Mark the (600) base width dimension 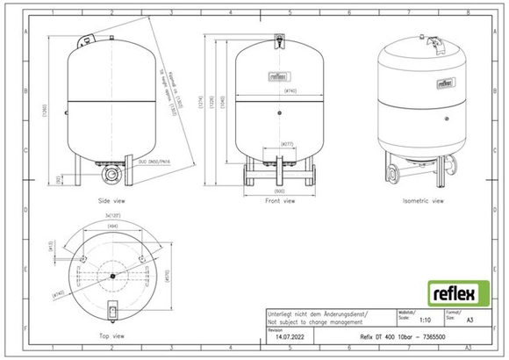[x=280, y=191]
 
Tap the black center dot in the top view [x=112, y=276]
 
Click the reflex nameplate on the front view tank [x=279, y=75]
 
